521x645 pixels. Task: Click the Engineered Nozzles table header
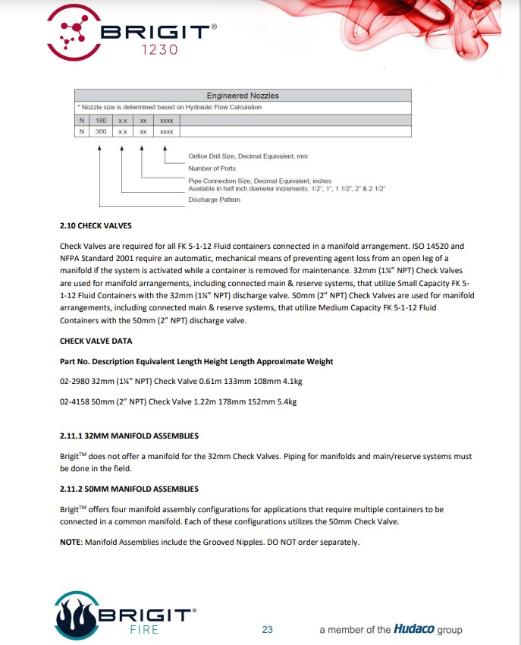coord(243,96)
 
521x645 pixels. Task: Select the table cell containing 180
coord(100,120)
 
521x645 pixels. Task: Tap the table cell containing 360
coord(100,131)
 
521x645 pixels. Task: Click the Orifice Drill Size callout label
coord(248,156)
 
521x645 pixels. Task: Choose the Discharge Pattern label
coord(214,200)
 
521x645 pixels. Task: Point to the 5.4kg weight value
coord(285,401)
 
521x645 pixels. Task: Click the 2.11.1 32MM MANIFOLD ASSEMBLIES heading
coord(129,436)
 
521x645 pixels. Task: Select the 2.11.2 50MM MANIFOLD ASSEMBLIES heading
coord(129,489)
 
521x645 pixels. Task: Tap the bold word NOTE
coord(71,542)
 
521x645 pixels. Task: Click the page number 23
coord(267,630)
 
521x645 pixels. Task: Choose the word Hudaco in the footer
coord(413,629)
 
